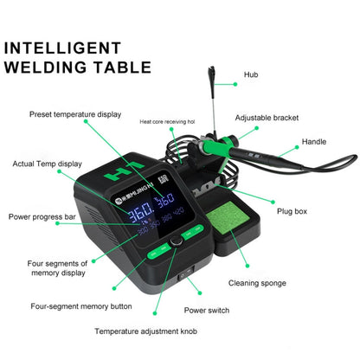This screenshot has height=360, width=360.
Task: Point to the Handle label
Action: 313,141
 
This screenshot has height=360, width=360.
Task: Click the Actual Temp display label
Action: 47,163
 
